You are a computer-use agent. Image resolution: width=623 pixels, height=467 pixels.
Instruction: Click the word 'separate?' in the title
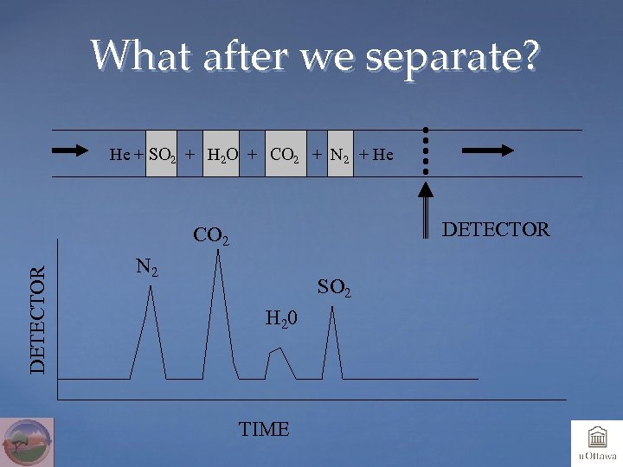coord(453,58)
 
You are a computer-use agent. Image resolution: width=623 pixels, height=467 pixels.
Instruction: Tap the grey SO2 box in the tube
coord(161,153)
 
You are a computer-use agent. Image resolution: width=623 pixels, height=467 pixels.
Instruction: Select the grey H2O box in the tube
coord(220,153)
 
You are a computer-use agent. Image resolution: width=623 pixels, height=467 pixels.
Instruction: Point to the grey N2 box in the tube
coord(339,153)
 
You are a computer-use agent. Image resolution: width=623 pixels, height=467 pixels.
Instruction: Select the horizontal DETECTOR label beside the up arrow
coord(496,229)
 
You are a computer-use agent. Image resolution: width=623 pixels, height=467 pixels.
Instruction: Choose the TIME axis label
coord(264,429)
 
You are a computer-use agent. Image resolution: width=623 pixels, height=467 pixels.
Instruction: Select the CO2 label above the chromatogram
coord(211,235)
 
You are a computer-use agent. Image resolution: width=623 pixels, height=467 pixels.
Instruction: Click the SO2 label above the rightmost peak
coord(334,286)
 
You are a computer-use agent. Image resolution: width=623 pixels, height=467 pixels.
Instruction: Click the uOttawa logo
coord(596,443)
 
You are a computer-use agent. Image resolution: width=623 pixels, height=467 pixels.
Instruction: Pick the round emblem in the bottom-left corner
coord(27,442)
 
